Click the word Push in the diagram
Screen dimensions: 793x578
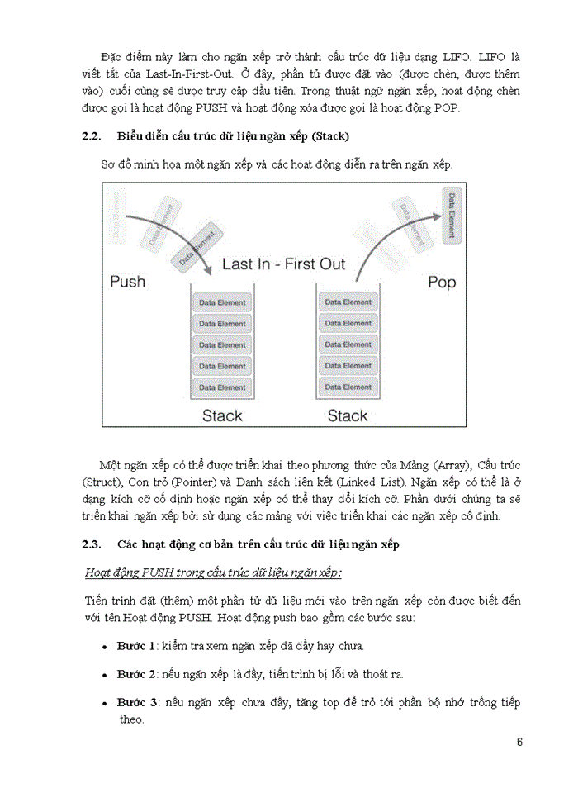point(127,282)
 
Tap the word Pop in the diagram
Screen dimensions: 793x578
point(442,283)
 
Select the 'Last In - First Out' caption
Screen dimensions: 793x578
point(284,264)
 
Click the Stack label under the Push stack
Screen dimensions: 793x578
point(222,415)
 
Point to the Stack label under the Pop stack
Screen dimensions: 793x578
point(348,415)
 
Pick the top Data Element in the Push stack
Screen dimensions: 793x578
point(221,302)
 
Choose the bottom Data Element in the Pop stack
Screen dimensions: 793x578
point(348,387)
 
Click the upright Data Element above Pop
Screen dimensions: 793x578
point(451,214)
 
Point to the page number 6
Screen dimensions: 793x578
point(519,741)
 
